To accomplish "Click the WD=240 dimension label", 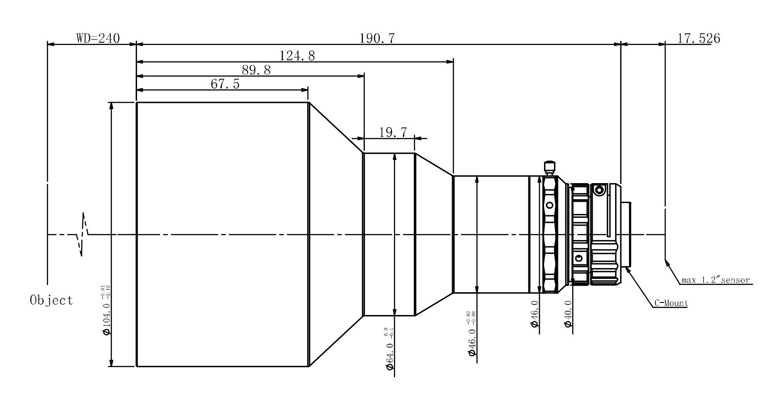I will [x=98, y=38].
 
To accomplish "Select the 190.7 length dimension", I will [x=377, y=38].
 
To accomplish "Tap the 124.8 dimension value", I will [x=297, y=56].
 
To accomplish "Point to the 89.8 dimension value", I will [x=256, y=70].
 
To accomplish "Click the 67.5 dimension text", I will [x=225, y=84].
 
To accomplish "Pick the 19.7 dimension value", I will [x=393, y=132].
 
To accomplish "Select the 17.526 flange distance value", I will [x=698, y=38].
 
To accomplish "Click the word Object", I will [x=52, y=300].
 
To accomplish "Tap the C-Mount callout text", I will [x=671, y=303].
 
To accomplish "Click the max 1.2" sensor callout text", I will [x=715, y=280].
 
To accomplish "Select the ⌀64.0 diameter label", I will [x=390, y=353].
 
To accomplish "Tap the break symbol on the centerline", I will [x=82, y=234].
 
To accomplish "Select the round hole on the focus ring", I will [x=549, y=205].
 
